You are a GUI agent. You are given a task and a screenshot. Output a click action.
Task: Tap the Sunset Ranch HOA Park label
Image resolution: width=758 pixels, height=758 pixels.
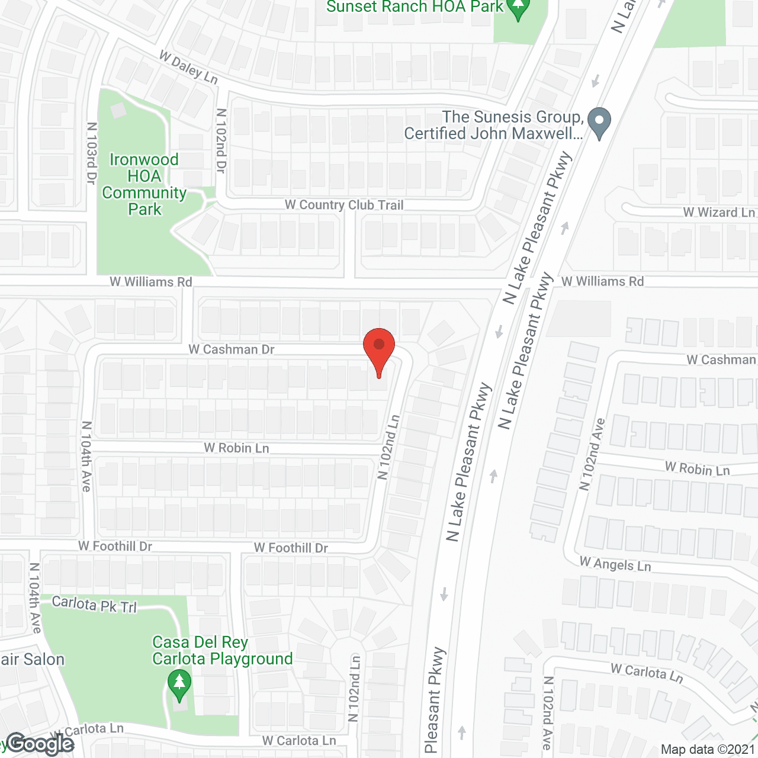[x=415, y=7]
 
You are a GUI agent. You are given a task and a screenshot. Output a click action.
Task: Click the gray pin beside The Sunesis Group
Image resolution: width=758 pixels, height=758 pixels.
[x=599, y=122]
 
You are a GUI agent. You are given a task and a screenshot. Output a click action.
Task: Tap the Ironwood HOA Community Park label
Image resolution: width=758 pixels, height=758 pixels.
[x=144, y=184]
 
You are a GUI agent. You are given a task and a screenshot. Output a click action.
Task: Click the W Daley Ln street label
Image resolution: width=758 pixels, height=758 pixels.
[x=188, y=68]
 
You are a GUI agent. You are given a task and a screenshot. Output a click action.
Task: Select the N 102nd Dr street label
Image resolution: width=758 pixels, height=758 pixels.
[x=221, y=141]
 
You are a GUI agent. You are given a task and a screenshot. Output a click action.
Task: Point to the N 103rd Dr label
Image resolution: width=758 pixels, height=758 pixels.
[x=91, y=153]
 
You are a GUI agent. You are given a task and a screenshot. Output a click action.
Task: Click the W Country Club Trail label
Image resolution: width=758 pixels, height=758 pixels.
[x=344, y=205]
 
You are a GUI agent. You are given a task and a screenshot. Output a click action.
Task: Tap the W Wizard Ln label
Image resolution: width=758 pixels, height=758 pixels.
[x=719, y=212]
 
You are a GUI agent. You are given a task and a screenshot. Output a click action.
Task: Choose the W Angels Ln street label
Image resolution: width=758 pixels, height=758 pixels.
[x=615, y=564]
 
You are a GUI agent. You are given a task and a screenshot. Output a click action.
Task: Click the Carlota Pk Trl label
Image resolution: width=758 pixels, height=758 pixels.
[x=94, y=605]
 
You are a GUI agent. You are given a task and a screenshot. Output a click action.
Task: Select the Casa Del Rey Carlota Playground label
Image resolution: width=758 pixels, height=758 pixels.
[x=222, y=651]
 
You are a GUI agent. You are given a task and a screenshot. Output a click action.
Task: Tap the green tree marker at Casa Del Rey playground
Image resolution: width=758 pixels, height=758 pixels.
[x=179, y=683]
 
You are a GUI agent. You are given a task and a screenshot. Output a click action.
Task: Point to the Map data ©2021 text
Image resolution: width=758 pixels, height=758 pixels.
[x=708, y=749]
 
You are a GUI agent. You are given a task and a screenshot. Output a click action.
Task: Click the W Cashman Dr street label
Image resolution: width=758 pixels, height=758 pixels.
[x=232, y=349]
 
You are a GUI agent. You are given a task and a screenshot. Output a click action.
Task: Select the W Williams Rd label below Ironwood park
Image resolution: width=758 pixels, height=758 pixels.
[x=151, y=282]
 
